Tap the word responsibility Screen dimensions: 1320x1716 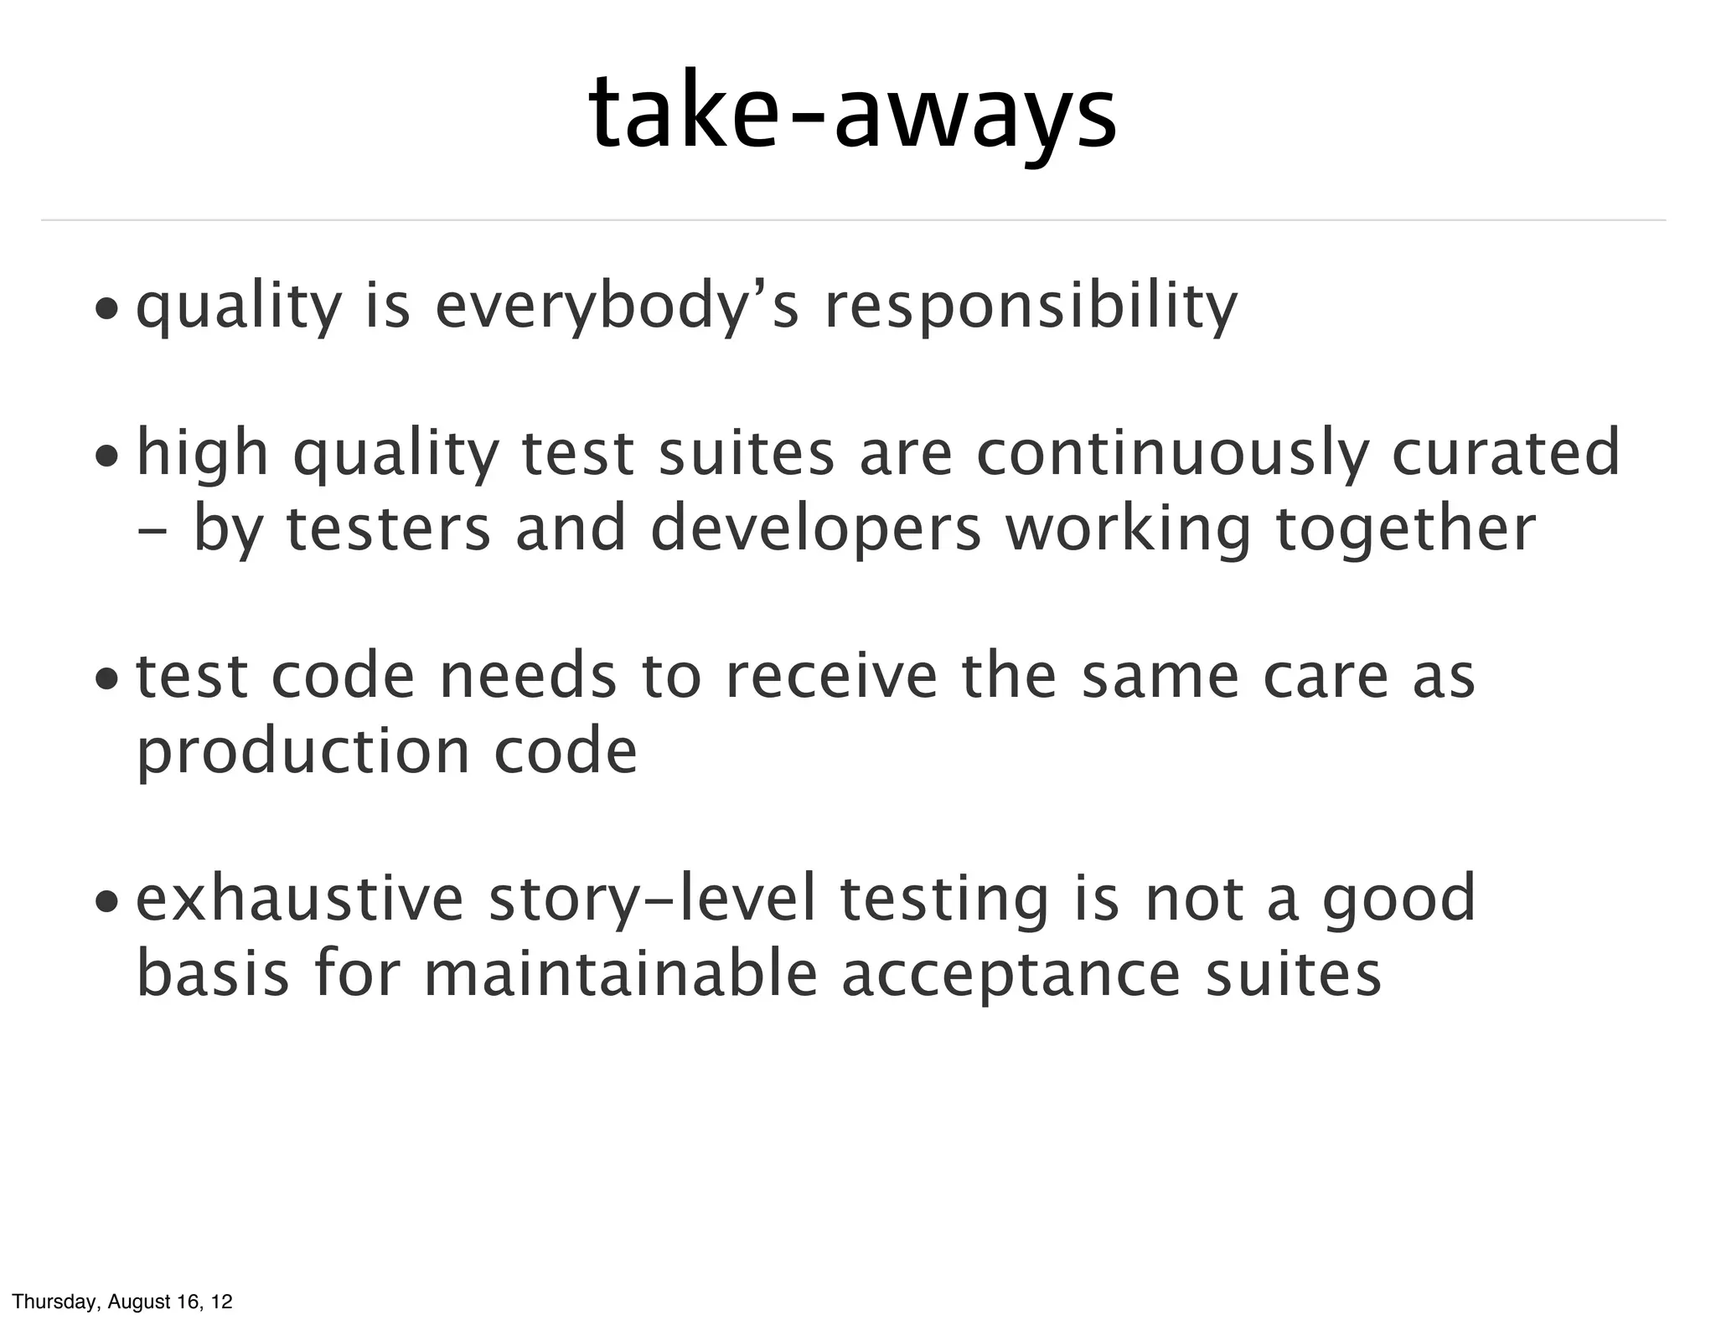click(x=1031, y=307)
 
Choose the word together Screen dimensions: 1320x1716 click(x=1406, y=530)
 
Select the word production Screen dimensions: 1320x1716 click(x=302, y=751)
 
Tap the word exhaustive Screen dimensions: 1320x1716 click(x=300, y=899)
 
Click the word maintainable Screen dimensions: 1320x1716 click(x=621, y=973)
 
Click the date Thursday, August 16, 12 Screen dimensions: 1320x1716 click(x=122, y=1302)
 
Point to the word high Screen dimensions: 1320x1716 click(x=202, y=454)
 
